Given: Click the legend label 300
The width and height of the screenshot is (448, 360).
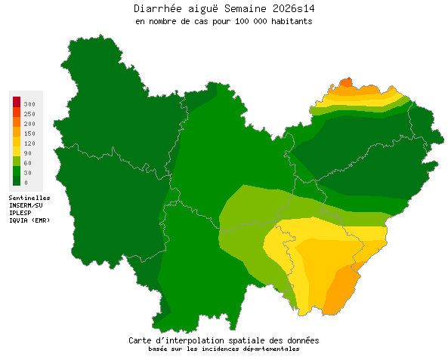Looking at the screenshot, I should [x=29, y=103].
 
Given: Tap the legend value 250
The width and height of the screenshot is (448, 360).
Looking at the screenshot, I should [x=29, y=113].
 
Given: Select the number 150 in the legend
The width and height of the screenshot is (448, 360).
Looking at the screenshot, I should [x=29, y=133].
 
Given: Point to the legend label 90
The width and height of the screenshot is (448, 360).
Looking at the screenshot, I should [x=27, y=152].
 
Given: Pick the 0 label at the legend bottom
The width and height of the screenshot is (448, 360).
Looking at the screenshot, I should [x=26, y=182].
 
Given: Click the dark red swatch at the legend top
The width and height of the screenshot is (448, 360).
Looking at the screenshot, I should [x=16, y=101].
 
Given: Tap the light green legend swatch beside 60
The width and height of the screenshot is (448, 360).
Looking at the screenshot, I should [x=16, y=162].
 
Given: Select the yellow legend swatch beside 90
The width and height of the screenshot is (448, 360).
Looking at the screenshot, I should [x=16, y=152].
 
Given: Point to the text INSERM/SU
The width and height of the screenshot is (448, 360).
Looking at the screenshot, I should [x=26, y=205].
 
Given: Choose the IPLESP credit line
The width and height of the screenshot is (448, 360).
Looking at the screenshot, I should [x=20, y=212].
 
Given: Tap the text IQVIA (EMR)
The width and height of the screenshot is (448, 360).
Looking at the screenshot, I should [x=29, y=220].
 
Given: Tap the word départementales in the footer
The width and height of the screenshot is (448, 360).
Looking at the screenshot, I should [x=272, y=349].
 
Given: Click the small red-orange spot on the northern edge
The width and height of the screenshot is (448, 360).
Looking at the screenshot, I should [x=345, y=82].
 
